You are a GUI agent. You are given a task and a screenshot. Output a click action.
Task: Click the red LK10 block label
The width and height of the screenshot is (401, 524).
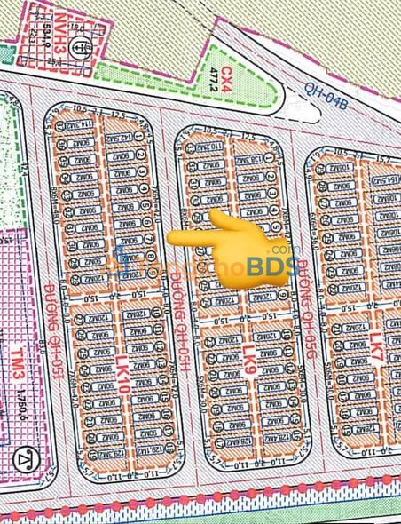pyautogui.click(x=122, y=366)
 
